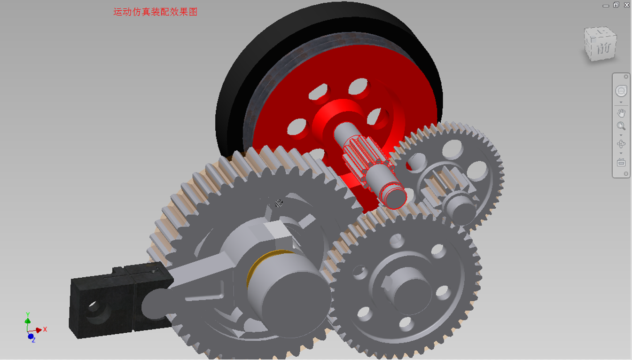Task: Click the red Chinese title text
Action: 156,12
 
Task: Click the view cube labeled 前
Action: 600,45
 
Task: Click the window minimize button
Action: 606,5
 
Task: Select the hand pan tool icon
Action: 621,113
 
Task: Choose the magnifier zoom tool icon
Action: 621,126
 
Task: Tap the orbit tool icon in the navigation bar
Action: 621,144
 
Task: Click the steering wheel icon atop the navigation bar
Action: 621,91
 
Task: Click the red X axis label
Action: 45,329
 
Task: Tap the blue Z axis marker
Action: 31,337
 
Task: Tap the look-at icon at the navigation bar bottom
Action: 621,163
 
